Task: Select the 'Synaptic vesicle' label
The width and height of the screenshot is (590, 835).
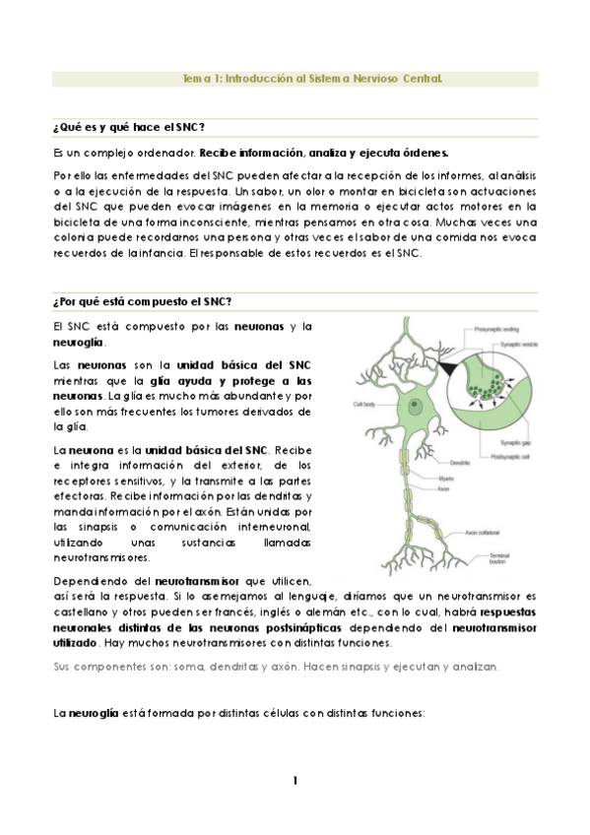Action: click(510, 345)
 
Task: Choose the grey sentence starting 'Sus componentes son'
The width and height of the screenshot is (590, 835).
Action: click(276, 667)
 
